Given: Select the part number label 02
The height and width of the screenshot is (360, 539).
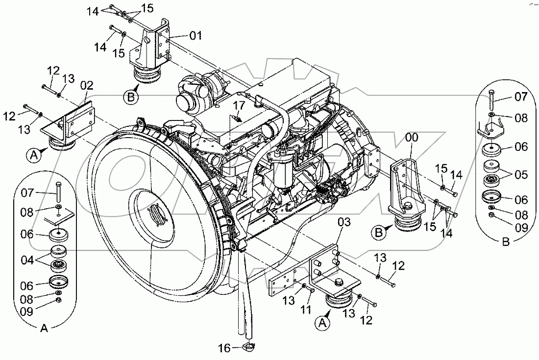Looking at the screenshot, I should (x=86, y=85).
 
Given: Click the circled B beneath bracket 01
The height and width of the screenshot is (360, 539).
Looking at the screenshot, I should (x=130, y=97).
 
